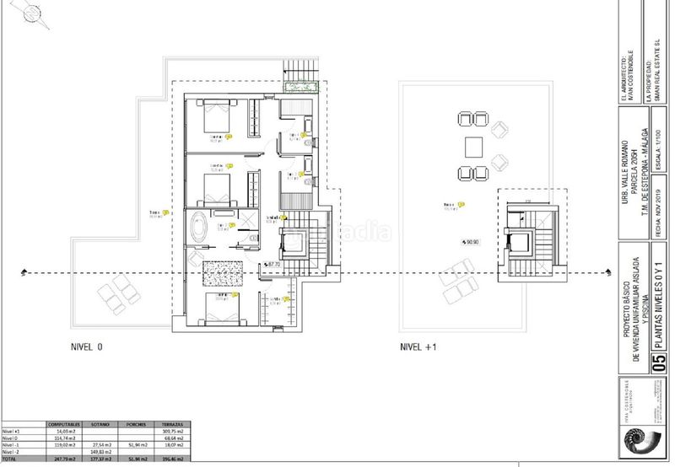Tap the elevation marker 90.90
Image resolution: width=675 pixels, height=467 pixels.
pyautogui.click(x=468, y=242)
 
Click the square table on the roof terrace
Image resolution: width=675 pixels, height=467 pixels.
pyautogui.click(x=472, y=148)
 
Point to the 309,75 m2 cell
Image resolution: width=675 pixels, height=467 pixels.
pyautogui.click(x=174, y=432)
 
